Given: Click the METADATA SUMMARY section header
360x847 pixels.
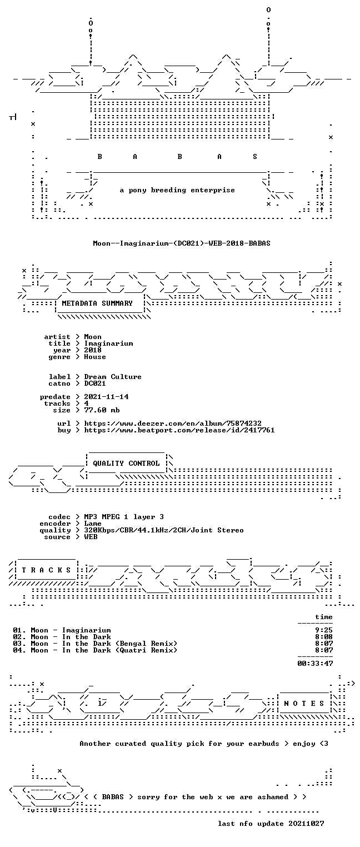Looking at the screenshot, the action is point(97,303).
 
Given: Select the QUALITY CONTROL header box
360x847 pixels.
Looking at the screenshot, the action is point(126,463).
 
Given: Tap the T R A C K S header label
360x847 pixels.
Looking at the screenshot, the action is point(47,570).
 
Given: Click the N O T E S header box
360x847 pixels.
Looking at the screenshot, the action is point(304,703).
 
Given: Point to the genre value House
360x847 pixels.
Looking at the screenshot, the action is point(95,357).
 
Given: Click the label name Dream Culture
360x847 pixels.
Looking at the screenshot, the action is point(113,377).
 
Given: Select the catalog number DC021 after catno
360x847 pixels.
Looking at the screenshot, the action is point(95,383).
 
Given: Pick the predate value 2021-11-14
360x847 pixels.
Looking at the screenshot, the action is point(106,397).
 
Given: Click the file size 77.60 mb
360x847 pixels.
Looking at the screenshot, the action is point(102,410).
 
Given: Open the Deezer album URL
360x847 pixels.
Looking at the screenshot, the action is point(173,423).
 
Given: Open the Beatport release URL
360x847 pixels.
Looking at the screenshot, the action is point(179,430).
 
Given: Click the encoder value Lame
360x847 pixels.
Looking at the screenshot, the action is point(93,524).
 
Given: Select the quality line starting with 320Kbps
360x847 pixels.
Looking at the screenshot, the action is point(164,530).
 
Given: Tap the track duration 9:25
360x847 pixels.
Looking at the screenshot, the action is point(324,630).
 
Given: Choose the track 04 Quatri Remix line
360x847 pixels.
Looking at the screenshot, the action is point(95,650).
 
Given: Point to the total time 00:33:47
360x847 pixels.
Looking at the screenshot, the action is point(315,663).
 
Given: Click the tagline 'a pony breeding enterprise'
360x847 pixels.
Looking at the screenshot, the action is point(177,190).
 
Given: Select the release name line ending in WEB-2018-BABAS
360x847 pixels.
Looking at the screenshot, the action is point(182,243).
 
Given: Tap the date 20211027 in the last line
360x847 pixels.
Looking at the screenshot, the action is point(306,824).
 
